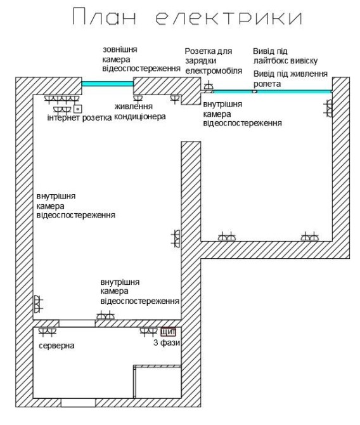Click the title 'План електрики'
coord(187,17)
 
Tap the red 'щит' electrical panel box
coord(168,332)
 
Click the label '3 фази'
coord(167,343)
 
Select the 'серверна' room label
coord(56,346)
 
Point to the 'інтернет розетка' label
coord(79,118)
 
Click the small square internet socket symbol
coord(78,108)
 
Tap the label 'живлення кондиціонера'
coord(140,112)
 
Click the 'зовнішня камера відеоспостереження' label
coord(141,60)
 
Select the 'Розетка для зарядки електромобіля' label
coord(214,61)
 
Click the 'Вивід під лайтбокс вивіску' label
coord(285,56)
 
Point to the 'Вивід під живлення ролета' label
coord(290,79)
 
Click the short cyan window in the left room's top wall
coord(108,84)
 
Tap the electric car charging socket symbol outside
coord(209,86)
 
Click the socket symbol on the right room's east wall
coord(328,108)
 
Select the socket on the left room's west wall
coord(38,303)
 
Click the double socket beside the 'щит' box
coord(149,332)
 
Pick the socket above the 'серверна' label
coord(48,332)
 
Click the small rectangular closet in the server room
coord(157,382)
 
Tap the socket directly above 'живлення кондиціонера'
coord(138,99)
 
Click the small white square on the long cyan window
coord(254,91)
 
